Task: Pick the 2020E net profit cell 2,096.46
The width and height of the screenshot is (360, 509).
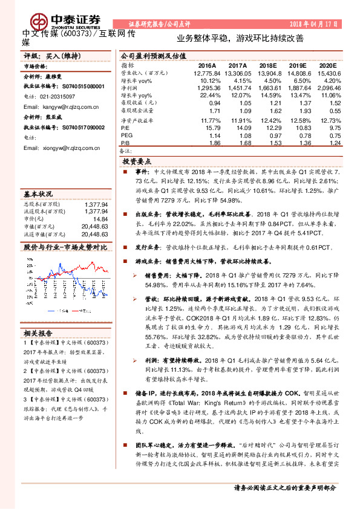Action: [x=326, y=88]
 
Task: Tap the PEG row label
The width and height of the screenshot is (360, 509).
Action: [x=126, y=137]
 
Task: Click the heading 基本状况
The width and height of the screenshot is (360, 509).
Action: [x=38, y=194]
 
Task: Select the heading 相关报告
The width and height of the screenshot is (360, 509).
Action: [x=38, y=332]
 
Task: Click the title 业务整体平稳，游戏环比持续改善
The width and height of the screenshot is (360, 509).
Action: [x=240, y=37]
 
